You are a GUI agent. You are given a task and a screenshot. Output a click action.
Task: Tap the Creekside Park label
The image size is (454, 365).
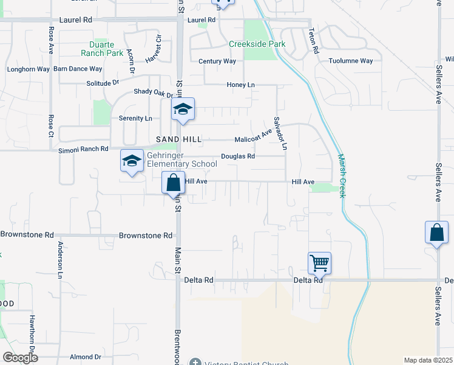tap(257, 44)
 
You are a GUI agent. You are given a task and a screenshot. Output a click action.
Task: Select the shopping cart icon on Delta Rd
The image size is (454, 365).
tap(319, 263)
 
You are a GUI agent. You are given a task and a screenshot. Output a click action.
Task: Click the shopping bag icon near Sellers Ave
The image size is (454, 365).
tap(436, 232)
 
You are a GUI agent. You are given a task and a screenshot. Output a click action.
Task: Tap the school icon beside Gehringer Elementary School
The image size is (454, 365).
tap(131, 161)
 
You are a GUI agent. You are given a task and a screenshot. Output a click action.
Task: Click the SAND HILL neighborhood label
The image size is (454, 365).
tap(180, 139)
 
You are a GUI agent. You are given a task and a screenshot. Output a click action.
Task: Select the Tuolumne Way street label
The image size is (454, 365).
tap(350, 61)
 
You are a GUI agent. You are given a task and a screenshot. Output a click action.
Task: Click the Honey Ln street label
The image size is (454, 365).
tap(240, 85)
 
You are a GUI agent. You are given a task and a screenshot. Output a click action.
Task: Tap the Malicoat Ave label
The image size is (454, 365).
tap(253, 136)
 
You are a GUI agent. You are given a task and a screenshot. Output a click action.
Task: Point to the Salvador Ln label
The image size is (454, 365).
tap(279, 133)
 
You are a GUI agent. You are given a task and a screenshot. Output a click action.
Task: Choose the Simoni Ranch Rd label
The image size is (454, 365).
tap(83, 149)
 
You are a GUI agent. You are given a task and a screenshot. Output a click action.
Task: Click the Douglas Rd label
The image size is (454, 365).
tap(237, 156)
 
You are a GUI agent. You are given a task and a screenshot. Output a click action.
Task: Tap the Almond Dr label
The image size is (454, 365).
tap(85, 357)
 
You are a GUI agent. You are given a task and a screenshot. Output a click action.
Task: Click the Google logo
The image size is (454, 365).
tap(20, 358)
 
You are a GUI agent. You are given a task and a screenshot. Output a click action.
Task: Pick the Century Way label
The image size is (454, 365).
tap(217, 61)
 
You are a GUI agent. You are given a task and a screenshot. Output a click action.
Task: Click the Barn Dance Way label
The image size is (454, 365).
tap(78, 69)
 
